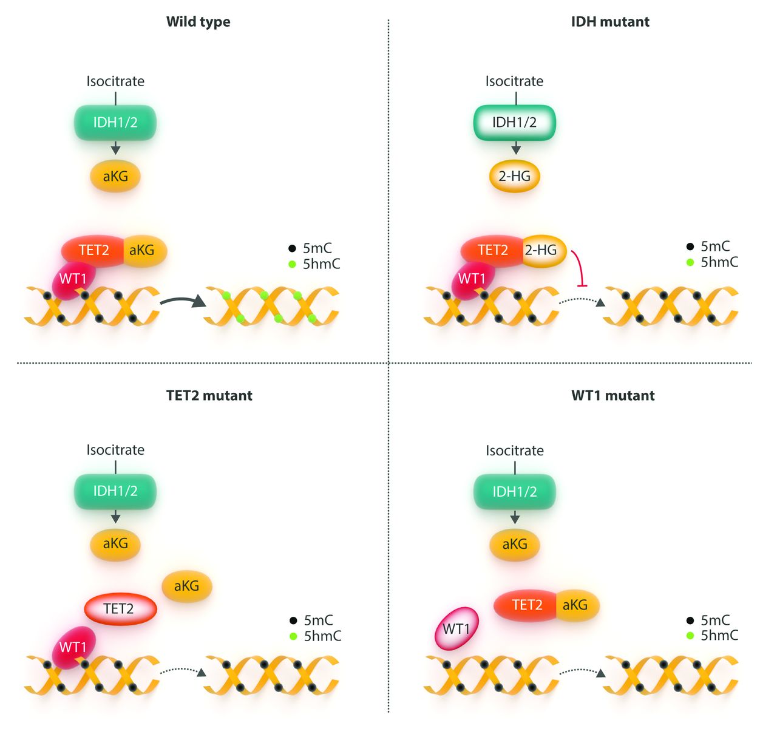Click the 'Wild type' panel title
pos(198,22)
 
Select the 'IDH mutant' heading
pos(610,22)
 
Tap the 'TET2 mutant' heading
pos(209,396)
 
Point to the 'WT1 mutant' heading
pos(612,396)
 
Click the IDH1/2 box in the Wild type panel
pos(115,123)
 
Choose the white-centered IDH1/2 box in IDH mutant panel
pos(514,123)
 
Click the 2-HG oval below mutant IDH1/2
pos(514,177)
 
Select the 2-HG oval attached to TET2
pos(542,250)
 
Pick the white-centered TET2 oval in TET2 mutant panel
pos(119,609)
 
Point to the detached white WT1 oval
pos(456,629)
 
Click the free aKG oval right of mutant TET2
pos(186,586)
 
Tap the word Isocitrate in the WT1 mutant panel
pos(514,450)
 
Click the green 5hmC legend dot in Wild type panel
pos(292,264)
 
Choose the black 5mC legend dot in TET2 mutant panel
pos(293,620)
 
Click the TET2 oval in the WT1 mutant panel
pos(527,605)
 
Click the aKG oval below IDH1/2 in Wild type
pos(115,177)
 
